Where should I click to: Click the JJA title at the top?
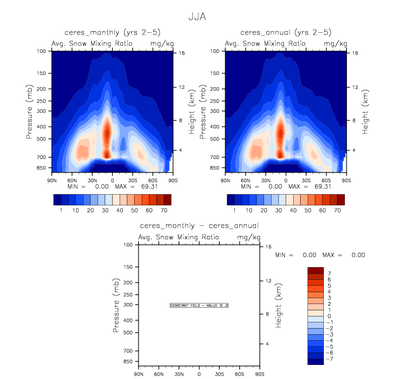click(x=197, y=17)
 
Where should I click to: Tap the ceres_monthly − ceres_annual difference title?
click(x=199, y=226)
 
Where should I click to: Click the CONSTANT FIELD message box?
click(x=199, y=305)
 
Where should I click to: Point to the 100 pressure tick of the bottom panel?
click(x=129, y=245)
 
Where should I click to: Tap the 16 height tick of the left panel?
click(x=182, y=53)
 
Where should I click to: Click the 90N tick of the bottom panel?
click(x=139, y=374)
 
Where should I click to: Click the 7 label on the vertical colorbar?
click(x=328, y=274)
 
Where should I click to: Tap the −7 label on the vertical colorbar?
click(x=330, y=358)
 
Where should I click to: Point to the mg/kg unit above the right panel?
click(x=332, y=43)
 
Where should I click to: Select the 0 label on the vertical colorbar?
click(x=328, y=316)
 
